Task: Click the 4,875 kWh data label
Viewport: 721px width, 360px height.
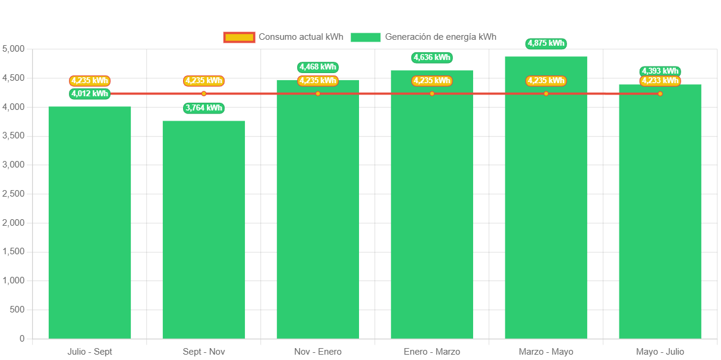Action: pos(546,43)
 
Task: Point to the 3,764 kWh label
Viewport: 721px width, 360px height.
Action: pos(204,108)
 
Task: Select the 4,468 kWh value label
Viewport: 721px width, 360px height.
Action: pos(318,67)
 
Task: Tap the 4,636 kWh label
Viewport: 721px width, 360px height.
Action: pos(432,58)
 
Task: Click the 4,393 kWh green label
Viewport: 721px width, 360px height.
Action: pos(660,71)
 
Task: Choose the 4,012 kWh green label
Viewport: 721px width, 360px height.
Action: pos(90,93)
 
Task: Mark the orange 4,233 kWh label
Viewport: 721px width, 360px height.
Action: pos(660,81)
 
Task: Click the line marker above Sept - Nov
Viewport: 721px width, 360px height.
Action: pos(204,93)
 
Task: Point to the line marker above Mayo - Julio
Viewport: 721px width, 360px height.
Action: pos(660,93)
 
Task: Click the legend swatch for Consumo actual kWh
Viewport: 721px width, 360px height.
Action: pos(239,37)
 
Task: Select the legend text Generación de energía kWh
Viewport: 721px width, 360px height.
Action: pos(440,37)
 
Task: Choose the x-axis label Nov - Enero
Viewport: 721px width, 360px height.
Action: pos(318,352)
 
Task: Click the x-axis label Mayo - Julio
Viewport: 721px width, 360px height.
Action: pos(660,352)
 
